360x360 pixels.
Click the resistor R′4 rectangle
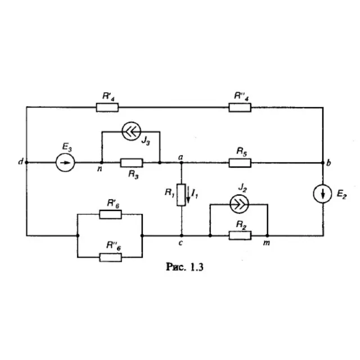click(107, 107)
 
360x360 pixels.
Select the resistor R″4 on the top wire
click(240, 107)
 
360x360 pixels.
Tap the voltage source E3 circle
click(65, 163)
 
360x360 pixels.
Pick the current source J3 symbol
click(131, 131)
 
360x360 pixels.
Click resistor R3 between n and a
click(132, 163)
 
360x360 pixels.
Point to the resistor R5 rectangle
click(240, 163)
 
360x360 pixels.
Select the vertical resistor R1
click(181, 195)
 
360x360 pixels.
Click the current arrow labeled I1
click(188, 195)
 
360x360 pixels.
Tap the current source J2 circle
click(239, 204)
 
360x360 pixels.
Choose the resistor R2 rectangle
click(240, 236)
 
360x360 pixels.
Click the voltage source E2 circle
click(322, 194)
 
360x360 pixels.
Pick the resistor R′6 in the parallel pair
click(110, 214)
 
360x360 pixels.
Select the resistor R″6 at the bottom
click(110, 258)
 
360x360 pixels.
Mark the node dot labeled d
click(26, 163)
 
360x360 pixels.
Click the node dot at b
click(323, 163)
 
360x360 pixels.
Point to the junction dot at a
click(181, 163)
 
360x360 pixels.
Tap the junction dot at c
click(182, 236)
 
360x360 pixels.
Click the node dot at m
click(267, 236)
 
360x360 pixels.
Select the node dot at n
click(102, 163)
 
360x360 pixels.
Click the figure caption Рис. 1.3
click(184, 267)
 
